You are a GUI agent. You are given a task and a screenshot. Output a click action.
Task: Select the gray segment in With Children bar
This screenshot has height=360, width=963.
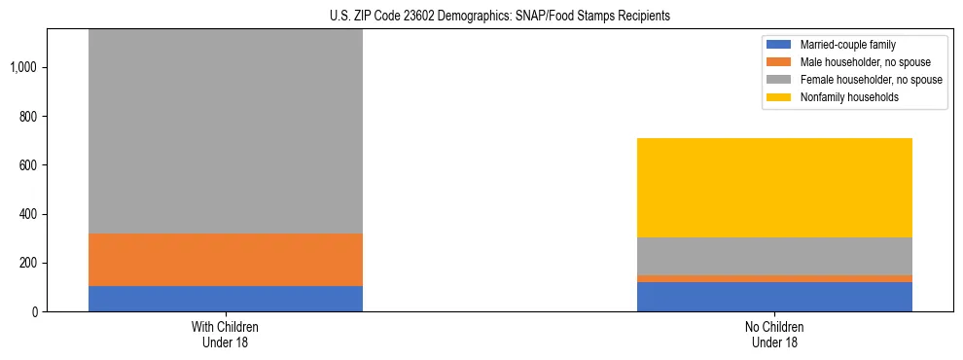click(x=226, y=131)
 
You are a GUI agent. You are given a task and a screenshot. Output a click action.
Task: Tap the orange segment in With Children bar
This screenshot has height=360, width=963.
click(x=226, y=260)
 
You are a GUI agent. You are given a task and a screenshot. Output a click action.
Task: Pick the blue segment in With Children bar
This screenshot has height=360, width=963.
click(x=226, y=299)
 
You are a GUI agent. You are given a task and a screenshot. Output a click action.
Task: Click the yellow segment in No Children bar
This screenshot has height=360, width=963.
click(x=774, y=188)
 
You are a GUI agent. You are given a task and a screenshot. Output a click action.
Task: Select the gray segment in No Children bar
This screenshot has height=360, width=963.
click(x=774, y=256)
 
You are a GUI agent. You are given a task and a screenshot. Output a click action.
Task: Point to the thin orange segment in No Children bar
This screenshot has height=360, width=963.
click(x=774, y=279)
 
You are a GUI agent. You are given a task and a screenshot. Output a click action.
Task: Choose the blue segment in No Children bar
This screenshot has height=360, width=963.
click(x=774, y=297)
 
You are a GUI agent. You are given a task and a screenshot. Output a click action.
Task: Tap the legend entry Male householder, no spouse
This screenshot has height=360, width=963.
click(x=859, y=62)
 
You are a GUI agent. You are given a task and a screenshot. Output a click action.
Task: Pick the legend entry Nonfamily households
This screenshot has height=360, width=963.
click(x=842, y=97)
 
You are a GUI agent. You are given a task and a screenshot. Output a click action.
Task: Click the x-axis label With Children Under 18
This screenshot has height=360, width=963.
click(x=226, y=335)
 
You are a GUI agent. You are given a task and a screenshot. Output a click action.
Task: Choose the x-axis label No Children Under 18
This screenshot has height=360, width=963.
click(x=774, y=335)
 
